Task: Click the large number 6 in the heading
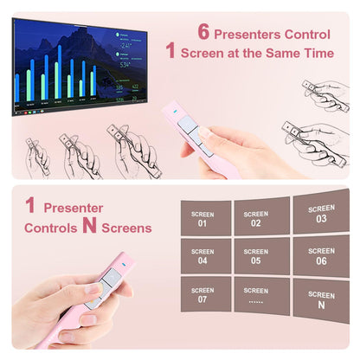click(204, 33)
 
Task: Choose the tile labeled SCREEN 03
click(321, 213)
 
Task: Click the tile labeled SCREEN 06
click(321, 255)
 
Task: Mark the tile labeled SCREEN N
click(321, 299)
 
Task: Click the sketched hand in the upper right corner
click(327, 93)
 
